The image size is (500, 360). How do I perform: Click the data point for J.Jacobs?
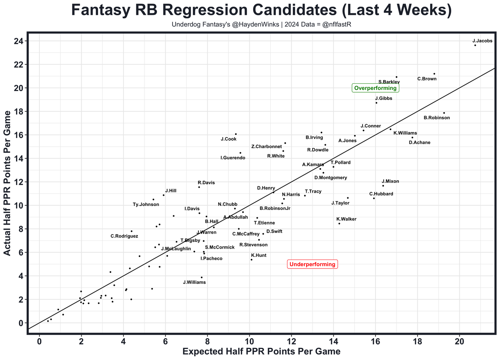point(475,45)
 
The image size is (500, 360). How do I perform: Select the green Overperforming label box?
point(375,88)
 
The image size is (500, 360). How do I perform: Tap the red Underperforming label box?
point(312,264)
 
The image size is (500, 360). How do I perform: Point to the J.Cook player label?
point(229,139)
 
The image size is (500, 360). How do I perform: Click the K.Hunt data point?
point(251,260)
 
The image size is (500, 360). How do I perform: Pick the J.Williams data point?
point(202,277)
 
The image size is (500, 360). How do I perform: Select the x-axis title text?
point(261,351)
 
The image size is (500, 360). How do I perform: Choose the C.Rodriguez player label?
point(124,236)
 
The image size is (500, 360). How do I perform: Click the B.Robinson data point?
point(444,113)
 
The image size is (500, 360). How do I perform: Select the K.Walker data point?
point(339,223)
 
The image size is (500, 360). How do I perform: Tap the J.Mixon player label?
point(390,181)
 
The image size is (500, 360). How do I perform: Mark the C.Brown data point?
point(434,73)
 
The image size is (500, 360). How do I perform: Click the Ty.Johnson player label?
point(146,204)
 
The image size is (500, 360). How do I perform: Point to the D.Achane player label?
point(420,143)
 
